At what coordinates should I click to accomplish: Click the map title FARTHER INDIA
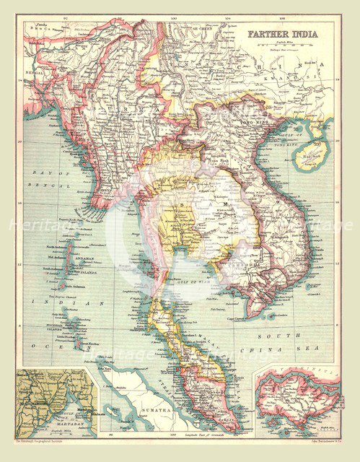click(284, 34)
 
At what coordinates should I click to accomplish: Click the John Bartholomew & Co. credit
click(310, 440)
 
